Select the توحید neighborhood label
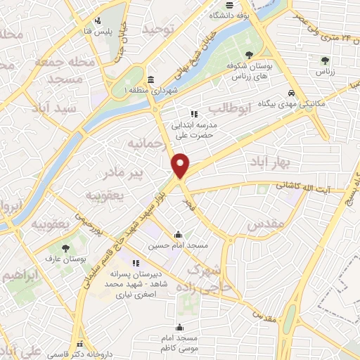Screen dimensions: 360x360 click(x=158, y=29)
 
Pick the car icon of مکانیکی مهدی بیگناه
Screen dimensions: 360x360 click(x=292, y=93)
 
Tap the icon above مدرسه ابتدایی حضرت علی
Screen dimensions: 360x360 click(x=194, y=114)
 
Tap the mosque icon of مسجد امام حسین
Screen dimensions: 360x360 click(x=179, y=235)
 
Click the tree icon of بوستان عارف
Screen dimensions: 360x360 click(x=65, y=248)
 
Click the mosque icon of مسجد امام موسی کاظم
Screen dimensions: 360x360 click(x=181, y=327)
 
